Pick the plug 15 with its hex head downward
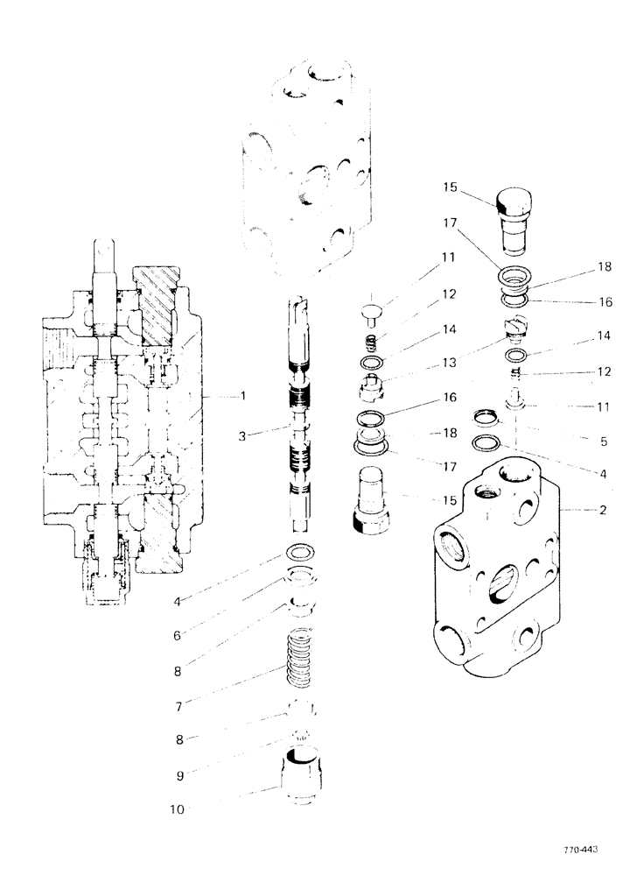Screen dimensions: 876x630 pyautogui.click(x=378, y=499)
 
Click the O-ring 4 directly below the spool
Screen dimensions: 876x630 pyautogui.click(x=302, y=554)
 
